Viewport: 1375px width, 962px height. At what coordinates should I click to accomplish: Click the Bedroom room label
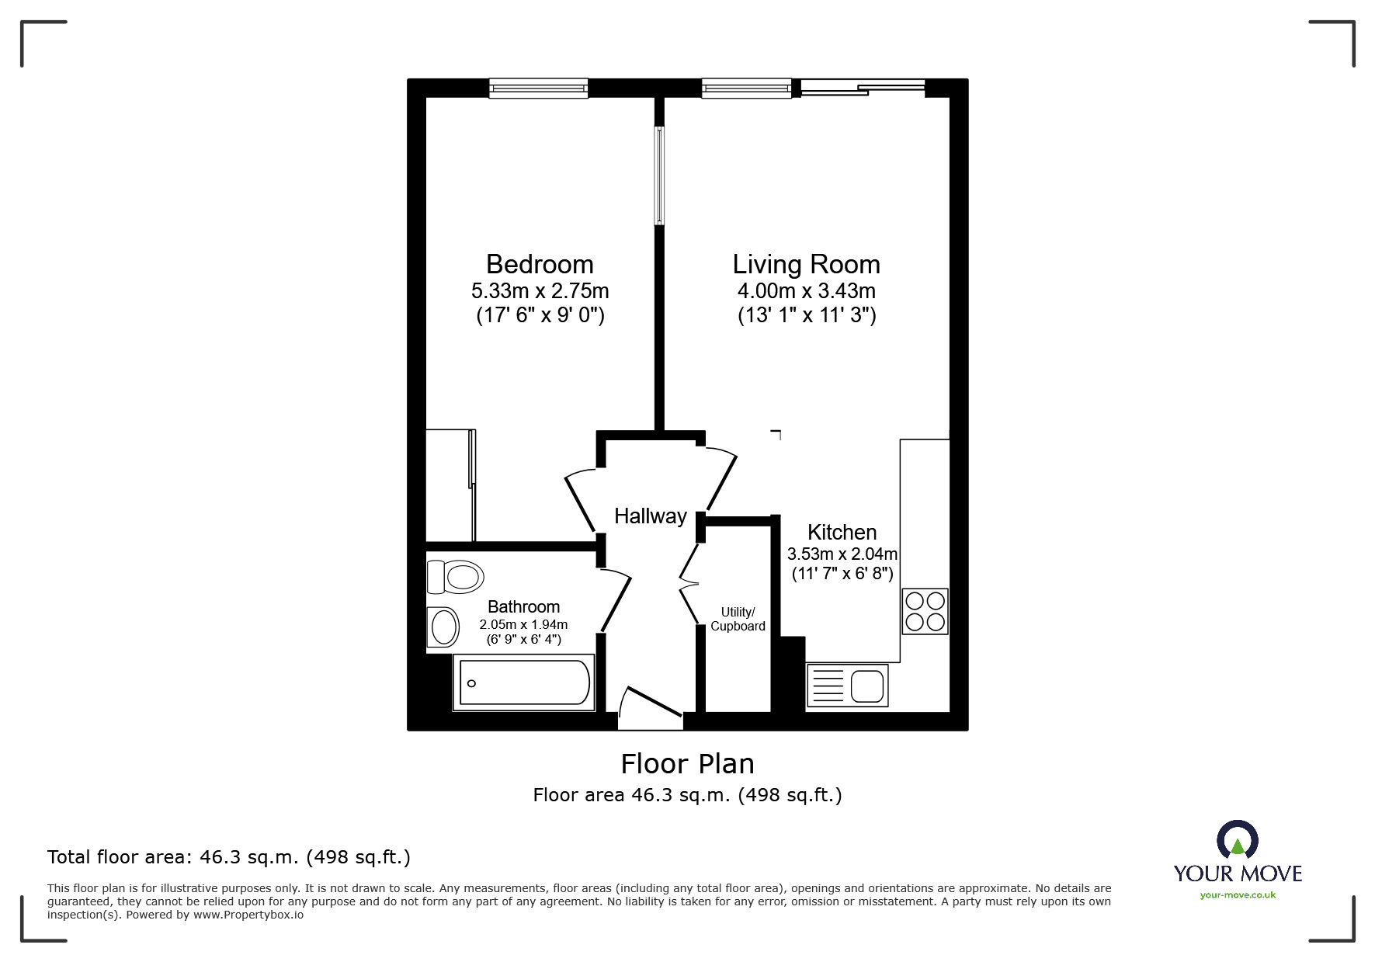pos(540,265)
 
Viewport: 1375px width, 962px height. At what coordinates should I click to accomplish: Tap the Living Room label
pos(807,265)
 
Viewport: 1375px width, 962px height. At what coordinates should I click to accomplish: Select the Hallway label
pos(651,516)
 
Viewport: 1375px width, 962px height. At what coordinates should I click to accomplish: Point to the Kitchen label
pos(842,533)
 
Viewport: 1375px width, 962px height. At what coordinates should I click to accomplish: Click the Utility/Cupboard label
pos(738,620)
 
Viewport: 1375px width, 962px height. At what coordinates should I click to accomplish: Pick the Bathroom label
pos(523,607)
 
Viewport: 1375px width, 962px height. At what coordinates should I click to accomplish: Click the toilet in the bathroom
pos(456,577)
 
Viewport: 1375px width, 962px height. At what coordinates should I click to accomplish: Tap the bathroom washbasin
pos(443,627)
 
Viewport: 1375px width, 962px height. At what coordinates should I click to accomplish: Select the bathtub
pos(524,682)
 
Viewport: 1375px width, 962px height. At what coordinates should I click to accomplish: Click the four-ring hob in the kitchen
pos(925,611)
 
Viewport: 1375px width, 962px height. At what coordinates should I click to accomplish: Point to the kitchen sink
pos(847,686)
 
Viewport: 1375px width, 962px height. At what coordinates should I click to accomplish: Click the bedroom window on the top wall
pos(538,89)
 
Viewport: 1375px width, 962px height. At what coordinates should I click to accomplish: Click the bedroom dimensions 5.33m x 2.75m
pos(540,291)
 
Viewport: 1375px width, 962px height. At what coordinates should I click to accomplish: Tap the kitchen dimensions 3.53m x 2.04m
pos(842,554)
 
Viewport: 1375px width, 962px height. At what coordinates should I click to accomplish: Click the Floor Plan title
pos(688,764)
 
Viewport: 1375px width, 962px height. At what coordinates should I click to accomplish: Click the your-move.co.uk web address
pos(1238,895)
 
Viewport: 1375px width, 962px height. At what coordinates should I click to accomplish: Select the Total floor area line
pos(229,857)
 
